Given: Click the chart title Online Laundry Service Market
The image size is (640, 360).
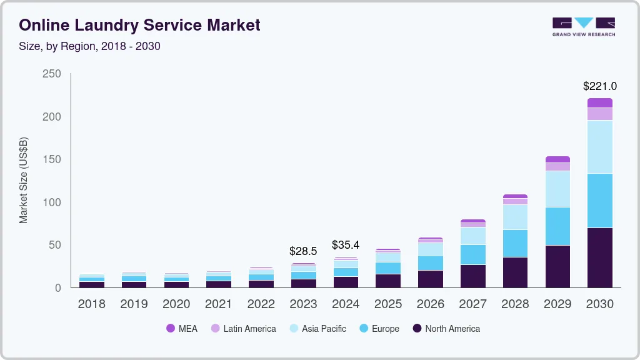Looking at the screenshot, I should pyautogui.click(x=139, y=26).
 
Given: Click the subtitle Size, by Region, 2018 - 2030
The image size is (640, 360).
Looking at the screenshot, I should pyautogui.click(x=89, y=46).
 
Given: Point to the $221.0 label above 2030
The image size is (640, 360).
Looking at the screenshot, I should pyautogui.click(x=599, y=86).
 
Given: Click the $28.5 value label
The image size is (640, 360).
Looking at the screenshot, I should pyautogui.click(x=303, y=251).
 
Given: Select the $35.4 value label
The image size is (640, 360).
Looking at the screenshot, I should pyautogui.click(x=346, y=245).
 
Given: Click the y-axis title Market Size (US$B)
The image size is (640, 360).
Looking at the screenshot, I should pyautogui.click(x=24, y=181).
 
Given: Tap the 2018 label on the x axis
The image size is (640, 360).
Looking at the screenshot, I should pyautogui.click(x=91, y=304).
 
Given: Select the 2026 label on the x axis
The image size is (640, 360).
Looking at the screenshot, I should pyautogui.click(x=431, y=304).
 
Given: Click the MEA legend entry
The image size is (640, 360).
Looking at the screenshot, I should pyautogui.click(x=182, y=328).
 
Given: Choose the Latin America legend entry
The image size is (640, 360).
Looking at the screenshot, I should pyautogui.click(x=243, y=328).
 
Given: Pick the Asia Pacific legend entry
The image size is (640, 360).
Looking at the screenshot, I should pyautogui.click(x=317, y=328).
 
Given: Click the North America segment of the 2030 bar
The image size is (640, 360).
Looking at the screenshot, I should pyautogui.click(x=599, y=257).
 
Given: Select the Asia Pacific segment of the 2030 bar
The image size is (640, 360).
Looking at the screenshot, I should pyautogui.click(x=599, y=147).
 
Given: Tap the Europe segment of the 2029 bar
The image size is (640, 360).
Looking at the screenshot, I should pyautogui.click(x=557, y=226).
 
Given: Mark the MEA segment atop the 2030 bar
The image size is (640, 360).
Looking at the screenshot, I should pyautogui.click(x=599, y=102).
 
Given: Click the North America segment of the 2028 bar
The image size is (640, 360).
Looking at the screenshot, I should pyautogui.click(x=515, y=272).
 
